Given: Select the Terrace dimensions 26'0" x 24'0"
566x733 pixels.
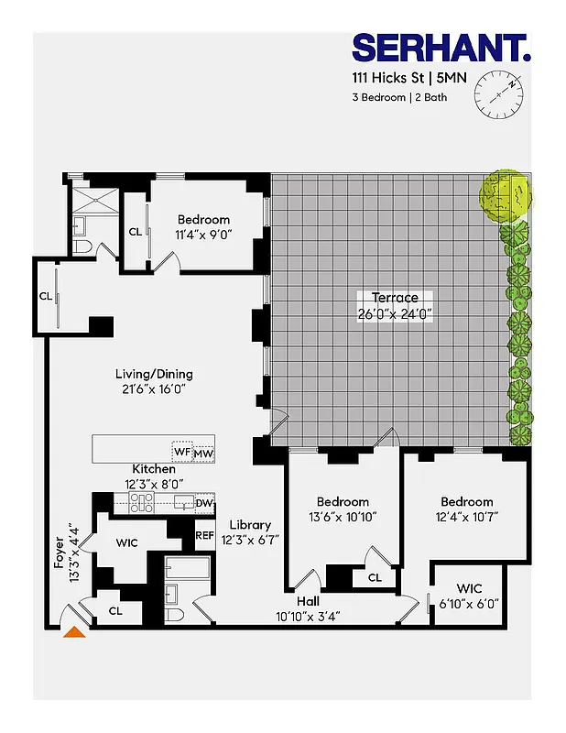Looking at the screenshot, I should click(x=395, y=312).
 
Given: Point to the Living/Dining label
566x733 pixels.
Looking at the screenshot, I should click(x=154, y=374).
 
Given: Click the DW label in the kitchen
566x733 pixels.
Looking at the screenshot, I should click(x=204, y=502).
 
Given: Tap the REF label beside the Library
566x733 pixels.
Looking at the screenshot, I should click(x=204, y=536).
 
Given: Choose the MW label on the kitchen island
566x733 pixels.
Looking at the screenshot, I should click(x=203, y=453).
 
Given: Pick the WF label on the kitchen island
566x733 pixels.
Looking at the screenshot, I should click(x=182, y=453).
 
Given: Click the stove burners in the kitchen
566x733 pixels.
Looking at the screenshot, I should click(x=141, y=502).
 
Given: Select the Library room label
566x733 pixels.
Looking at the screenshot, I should click(x=250, y=525).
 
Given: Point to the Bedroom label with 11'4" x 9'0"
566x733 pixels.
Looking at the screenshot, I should click(x=203, y=220).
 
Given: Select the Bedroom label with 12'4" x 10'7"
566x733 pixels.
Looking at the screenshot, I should click(x=466, y=501).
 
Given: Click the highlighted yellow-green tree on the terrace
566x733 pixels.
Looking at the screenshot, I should click(x=506, y=195).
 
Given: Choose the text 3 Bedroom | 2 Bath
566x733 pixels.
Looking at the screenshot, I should click(x=400, y=97).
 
